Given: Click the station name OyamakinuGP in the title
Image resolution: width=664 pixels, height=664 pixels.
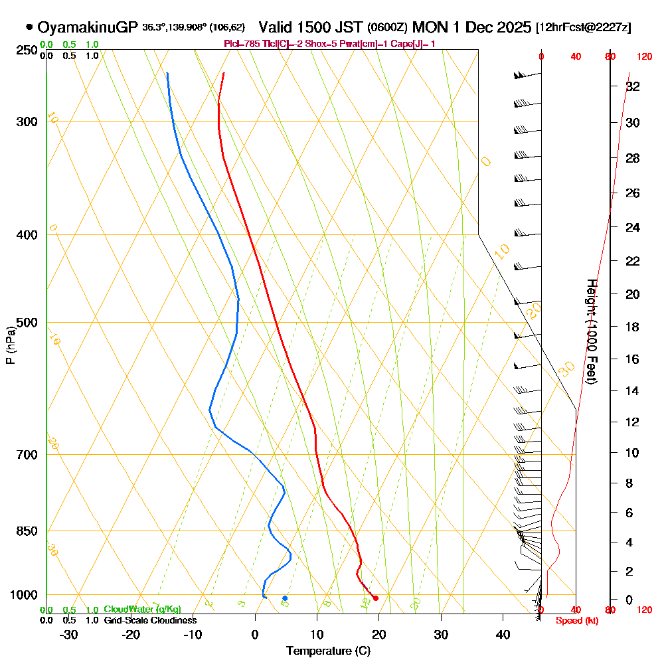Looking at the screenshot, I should click(x=88, y=27).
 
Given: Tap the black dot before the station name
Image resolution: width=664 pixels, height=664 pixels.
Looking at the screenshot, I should click(x=29, y=27).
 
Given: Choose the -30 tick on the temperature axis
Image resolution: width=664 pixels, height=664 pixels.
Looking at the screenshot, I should click(x=68, y=634).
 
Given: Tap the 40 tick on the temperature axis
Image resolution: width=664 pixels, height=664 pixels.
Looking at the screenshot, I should click(x=503, y=634).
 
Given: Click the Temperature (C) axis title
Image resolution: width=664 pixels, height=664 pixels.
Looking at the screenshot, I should click(x=328, y=651).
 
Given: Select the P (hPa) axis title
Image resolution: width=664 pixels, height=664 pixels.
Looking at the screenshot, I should click(x=10, y=345).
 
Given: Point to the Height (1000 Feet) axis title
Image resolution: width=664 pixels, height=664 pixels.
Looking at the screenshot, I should click(x=591, y=331).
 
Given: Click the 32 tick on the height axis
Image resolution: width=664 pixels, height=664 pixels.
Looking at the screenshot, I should click(x=633, y=86).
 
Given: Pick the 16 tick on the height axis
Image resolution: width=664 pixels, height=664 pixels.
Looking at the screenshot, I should click(x=633, y=359).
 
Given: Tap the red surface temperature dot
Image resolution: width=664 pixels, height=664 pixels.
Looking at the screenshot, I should click(x=376, y=598).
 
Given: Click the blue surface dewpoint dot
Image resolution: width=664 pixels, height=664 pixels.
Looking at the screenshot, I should click(x=285, y=598).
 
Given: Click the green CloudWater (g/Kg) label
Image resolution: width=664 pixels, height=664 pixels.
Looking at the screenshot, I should click(x=142, y=610).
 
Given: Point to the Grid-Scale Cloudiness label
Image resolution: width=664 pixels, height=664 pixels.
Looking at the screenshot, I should click(x=149, y=620).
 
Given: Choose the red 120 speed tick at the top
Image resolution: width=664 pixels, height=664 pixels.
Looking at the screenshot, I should click(x=643, y=57).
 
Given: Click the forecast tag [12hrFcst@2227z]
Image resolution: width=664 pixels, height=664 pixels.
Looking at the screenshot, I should click(x=584, y=27).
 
